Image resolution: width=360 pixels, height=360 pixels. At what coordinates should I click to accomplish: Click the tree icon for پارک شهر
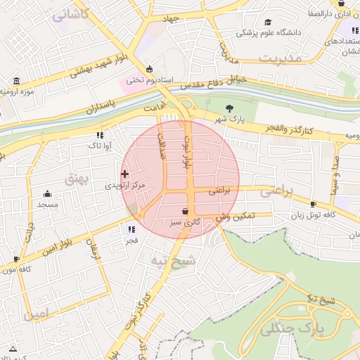point(229,108)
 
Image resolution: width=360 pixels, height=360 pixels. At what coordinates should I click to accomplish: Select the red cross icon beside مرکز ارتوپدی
point(125,173)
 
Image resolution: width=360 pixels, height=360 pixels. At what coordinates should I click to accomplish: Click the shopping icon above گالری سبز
point(185,210)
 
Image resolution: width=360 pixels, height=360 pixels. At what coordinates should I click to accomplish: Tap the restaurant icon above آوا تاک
point(99,134)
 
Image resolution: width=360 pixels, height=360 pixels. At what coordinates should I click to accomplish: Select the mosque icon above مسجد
point(48,194)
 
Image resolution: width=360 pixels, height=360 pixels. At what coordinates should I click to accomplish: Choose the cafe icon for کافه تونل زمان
point(313,204)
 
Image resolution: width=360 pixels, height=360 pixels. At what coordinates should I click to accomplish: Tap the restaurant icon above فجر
point(131,229)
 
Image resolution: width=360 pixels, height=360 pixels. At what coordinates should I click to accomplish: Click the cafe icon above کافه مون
point(15,259)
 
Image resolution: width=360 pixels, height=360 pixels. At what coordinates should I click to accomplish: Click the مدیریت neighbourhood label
point(279,58)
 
